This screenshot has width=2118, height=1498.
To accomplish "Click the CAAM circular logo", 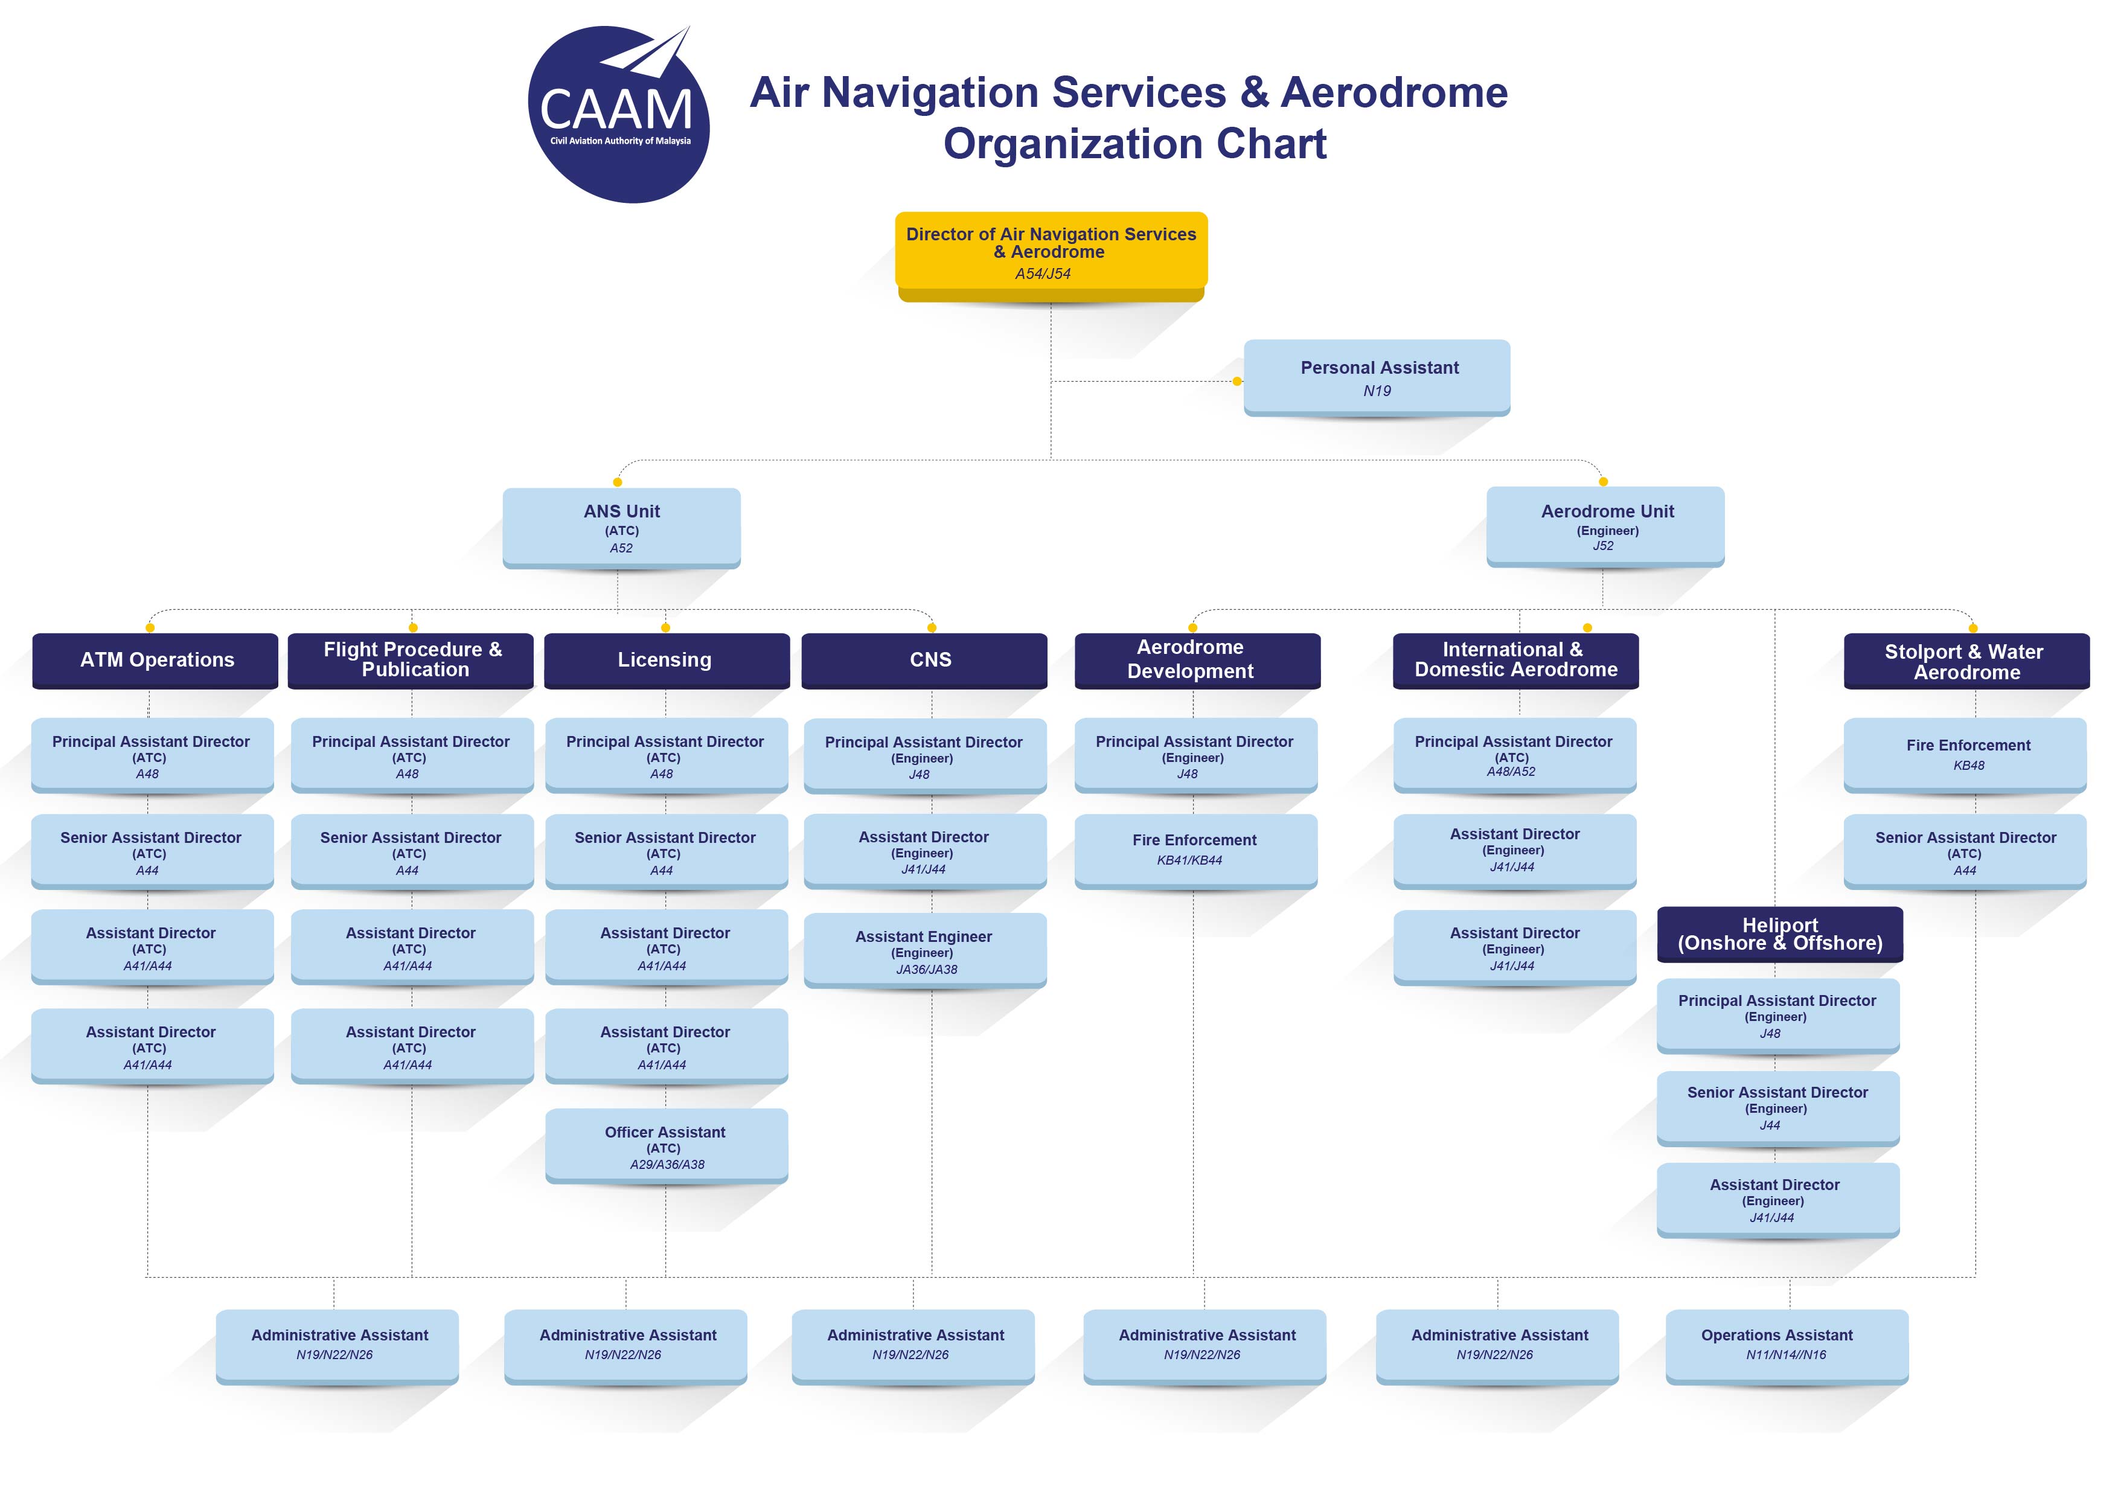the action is click(618, 114).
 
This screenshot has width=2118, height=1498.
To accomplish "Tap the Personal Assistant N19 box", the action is click(1377, 378).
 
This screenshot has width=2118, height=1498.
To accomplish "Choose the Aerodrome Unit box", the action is click(1605, 527).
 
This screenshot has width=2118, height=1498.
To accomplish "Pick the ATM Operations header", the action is click(155, 661).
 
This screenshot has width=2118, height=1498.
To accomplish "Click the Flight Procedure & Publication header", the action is click(411, 661).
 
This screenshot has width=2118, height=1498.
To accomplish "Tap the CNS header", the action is click(924, 661).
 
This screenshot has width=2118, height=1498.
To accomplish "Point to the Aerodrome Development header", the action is click(1197, 661).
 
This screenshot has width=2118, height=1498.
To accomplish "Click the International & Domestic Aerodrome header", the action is click(1515, 661).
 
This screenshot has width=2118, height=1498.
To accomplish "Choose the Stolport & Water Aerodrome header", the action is click(1966, 661).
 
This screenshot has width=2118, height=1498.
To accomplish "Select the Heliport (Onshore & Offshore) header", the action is click(1780, 935).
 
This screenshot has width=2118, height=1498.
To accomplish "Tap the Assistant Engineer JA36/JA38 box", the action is click(925, 951).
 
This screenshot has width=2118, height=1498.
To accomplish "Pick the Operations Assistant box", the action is click(1787, 1346).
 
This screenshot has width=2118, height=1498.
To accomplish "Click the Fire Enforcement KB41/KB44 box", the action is click(1195, 851).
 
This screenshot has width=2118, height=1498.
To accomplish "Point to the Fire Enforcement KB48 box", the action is click(1965, 755).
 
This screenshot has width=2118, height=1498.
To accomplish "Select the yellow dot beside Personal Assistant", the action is click(1237, 381).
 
